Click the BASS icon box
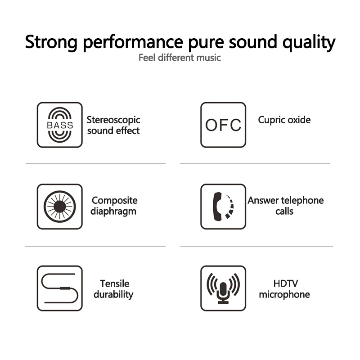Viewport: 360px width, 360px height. pos(59,125)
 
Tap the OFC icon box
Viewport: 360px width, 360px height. pos(223,125)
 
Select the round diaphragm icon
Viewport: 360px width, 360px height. pos(59,206)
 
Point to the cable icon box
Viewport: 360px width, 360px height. pos(59,288)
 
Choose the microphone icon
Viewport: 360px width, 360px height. pos(223,288)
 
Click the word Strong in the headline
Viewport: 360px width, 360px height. pos(51,42)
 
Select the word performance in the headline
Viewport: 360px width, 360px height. pos(131,42)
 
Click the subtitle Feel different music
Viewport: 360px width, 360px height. pos(180,58)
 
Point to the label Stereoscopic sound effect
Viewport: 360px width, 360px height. pos(113,125)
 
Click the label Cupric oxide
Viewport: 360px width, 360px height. pos(284,120)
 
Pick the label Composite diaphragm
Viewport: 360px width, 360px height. pos(114,206)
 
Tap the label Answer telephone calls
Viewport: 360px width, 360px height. pos(285,206)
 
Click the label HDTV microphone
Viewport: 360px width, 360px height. pos(284,289)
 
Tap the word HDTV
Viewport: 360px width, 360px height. pos(285,283)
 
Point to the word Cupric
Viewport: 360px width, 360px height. pos(272,120)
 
